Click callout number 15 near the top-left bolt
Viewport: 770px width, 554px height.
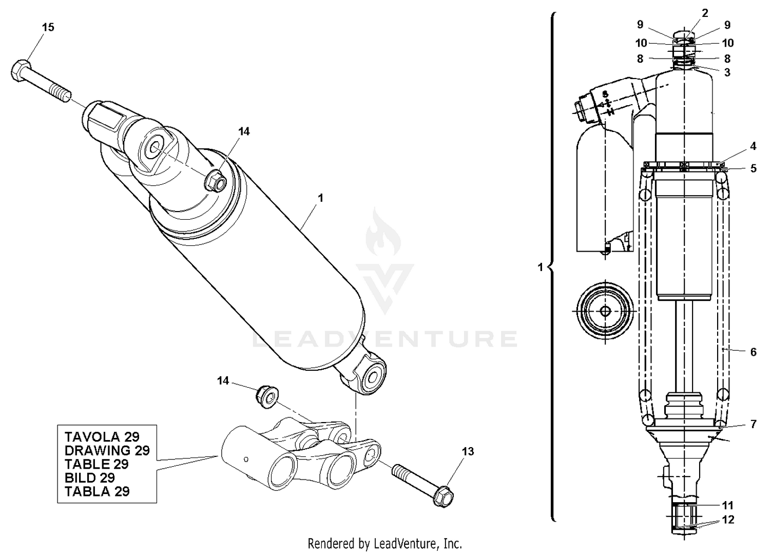[48, 27]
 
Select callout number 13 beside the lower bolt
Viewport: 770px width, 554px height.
[468, 451]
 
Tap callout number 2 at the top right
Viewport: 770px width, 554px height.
[705, 13]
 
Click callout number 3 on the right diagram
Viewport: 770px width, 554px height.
[727, 72]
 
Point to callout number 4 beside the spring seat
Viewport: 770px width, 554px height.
[753, 146]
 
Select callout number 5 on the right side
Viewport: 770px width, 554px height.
[753, 168]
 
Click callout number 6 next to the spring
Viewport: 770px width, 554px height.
[753, 352]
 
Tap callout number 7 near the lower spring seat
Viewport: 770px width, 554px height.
[753, 424]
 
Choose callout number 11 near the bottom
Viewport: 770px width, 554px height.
[727, 505]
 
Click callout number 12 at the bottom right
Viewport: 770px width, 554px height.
[728, 520]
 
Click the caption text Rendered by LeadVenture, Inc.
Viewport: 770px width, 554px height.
[384, 543]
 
